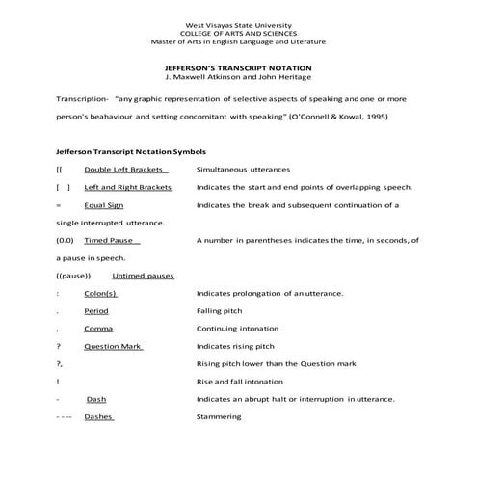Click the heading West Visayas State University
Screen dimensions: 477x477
pyautogui.click(x=238, y=24)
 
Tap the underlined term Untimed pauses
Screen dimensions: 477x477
pyautogui.click(x=144, y=276)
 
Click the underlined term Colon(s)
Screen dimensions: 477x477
pyautogui.click(x=100, y=293)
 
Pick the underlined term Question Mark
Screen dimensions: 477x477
pyautogui.click(x=113, y=346)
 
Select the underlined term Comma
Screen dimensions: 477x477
pyautogui.click(x=98, y=329)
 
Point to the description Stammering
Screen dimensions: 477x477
pyautogui.click(x=219, y=416)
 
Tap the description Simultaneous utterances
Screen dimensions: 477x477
pyautogui.click(x=236, y=170)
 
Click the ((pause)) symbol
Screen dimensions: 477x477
pyautogui.click(x=73, y=276)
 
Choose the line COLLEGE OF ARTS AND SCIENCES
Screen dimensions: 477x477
pyautogui.click(x=238, y=33)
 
